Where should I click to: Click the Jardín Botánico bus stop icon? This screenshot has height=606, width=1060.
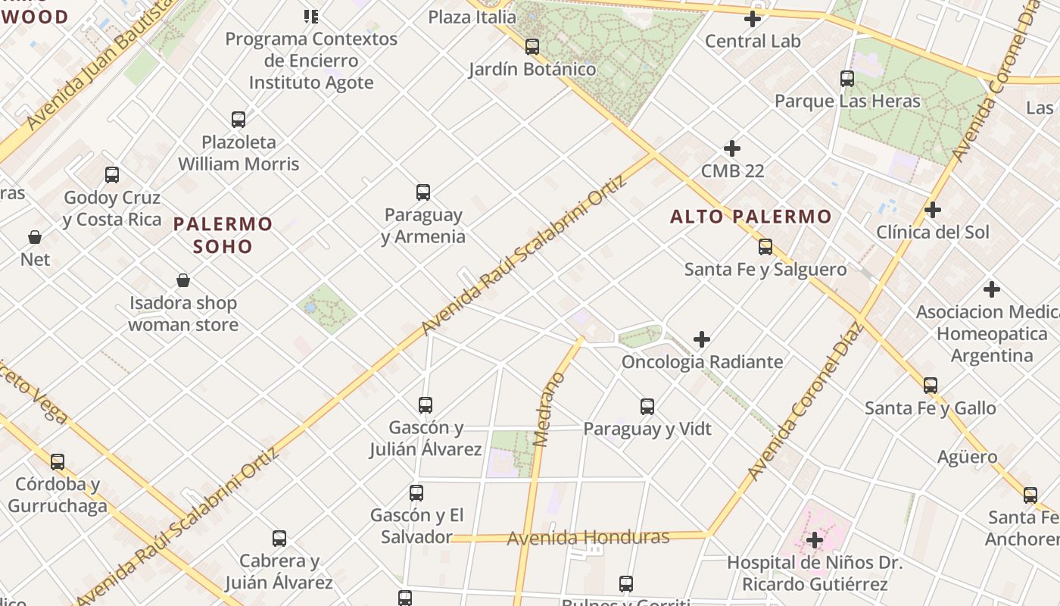point(532,47)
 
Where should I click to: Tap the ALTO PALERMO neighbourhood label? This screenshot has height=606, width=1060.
point(750,217)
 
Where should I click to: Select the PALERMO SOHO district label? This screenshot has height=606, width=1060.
point(223,235)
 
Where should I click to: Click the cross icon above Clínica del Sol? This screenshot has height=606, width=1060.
point(933,210)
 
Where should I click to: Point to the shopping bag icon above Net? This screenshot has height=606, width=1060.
point(35,237)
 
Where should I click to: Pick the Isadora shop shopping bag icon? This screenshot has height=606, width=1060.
point(183,281)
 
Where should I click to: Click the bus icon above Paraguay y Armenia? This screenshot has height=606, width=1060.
point(423,192)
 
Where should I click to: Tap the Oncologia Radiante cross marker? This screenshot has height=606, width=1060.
point(702,339)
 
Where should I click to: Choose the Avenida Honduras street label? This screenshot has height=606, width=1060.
point(588,538)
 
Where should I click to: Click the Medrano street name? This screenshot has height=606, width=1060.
point(550,410)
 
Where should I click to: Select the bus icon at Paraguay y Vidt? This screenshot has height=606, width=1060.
point(647,407)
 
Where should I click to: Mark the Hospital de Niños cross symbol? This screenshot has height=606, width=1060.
point(815,540)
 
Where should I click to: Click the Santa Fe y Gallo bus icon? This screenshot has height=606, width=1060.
point(931,386)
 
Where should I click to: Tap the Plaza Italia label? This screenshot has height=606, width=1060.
point(472,17)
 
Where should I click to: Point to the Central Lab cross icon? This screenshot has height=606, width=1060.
point(753,19)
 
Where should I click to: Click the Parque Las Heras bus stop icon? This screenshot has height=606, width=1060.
point(847,79)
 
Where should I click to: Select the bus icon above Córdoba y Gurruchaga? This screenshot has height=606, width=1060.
point(58,462)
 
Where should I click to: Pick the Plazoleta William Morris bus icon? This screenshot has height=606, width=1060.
point(238,120)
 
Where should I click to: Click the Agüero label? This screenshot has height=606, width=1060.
point(967,457)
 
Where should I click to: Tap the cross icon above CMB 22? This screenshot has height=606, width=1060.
point(732,148)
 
